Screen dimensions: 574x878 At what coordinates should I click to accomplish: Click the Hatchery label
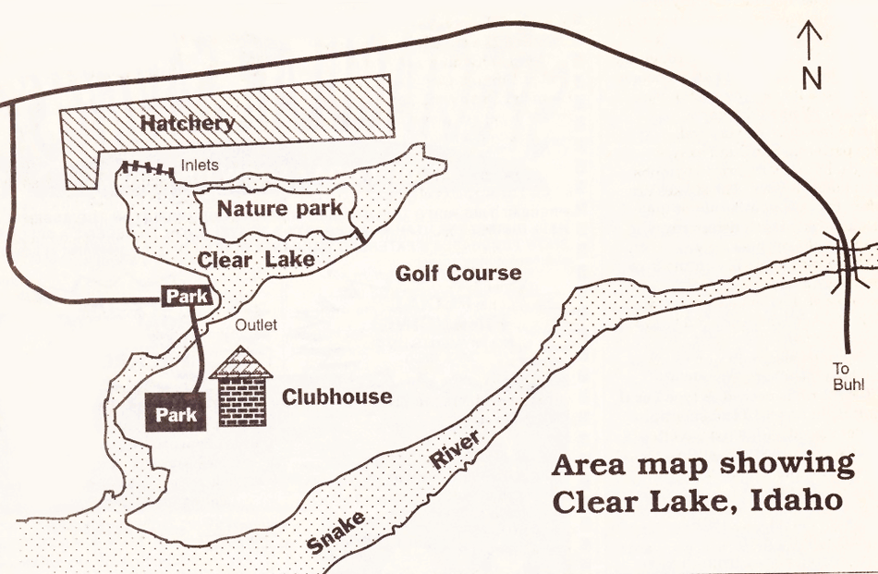coord(187,122)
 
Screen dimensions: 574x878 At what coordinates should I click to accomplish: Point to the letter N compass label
coord(811,79)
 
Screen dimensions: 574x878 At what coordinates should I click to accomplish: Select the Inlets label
coord(200,165)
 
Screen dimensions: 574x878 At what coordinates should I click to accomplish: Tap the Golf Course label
coord(457,273)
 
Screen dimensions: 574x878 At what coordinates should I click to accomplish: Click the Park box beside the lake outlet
coord(189,297)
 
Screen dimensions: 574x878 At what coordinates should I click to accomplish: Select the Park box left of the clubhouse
coord(176,414)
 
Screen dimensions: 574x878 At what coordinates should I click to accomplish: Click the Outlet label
coord(255,324)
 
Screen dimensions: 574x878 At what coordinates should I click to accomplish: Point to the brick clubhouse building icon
coord(242,397)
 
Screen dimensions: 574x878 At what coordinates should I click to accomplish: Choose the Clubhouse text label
coord(336,397)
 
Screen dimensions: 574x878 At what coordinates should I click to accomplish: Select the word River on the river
coord(455,454)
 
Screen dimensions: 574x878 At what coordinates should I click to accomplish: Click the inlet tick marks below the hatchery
coord(147,167)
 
